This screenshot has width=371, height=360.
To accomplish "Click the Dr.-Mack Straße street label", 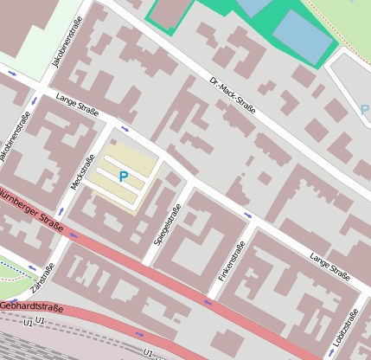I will pos(232,95).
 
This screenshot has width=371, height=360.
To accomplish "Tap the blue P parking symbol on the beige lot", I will pos(123,177).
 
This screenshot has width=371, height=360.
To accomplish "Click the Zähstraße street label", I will pos(36,276).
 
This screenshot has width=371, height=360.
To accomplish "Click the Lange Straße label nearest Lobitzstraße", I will pos(329,267).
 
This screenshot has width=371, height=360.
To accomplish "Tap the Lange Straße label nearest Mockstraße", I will pos(77,106).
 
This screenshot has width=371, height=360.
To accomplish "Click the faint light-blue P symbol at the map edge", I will pos(364,111).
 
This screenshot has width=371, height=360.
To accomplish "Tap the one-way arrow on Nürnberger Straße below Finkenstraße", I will pos(208,302).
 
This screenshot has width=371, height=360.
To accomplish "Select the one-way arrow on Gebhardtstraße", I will pos(140,334).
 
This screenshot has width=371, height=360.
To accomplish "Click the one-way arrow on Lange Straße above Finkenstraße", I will pos(247,215).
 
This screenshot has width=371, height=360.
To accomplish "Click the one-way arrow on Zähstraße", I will pos(33,267).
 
